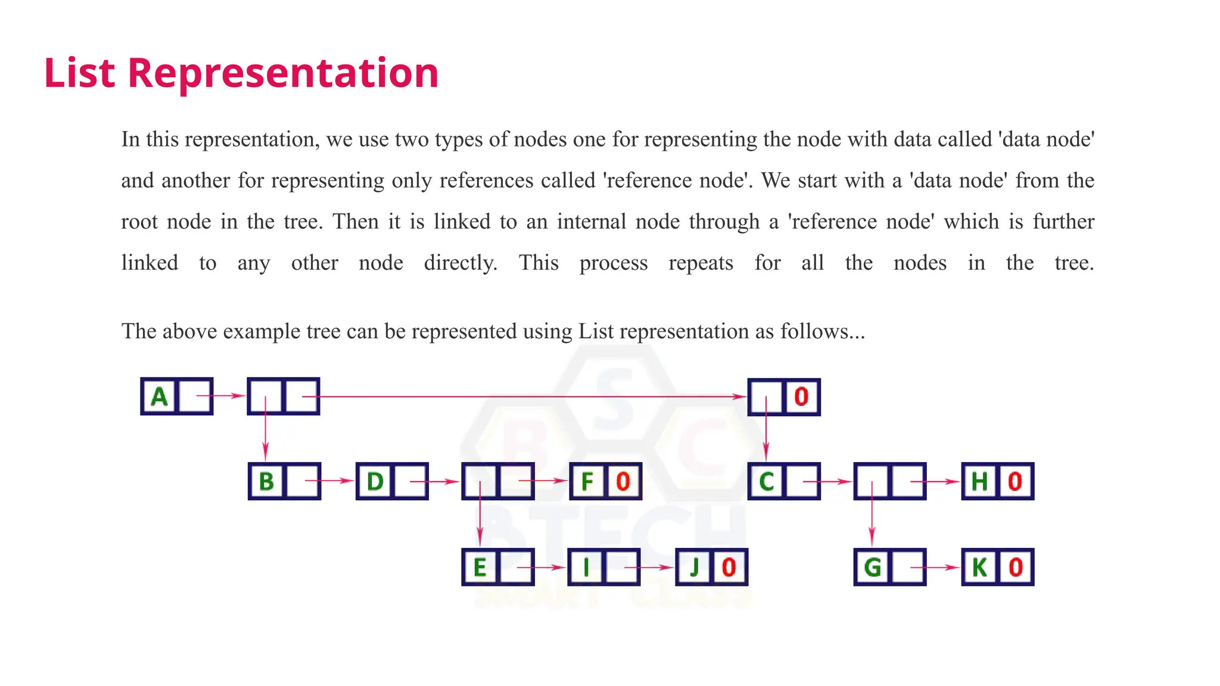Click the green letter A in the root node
(159, 397)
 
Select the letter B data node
(266, 481)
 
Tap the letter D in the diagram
(375, 481)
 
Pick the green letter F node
(587, 481)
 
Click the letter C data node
(766, 481)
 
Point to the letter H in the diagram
(979, 481)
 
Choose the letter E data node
(480, 567)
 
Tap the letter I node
(586, 567)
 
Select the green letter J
(693, 567)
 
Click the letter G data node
(872, 567)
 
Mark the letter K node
(979, 567)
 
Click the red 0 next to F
(623, 481)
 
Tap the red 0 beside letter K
(1016, 567)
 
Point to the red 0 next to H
(1015, 481)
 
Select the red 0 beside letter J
(729, 567)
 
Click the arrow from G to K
(935, 567)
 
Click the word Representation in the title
(283, 73)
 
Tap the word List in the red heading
(79, 73)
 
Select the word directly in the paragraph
(460, 263)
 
